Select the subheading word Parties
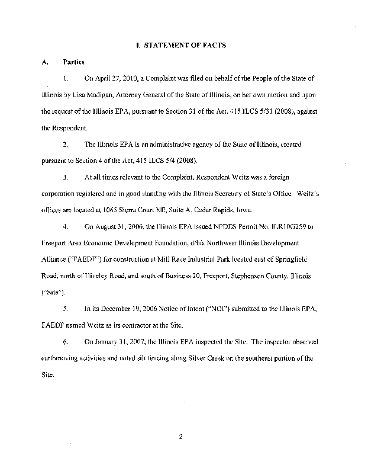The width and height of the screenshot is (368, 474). point(75,62)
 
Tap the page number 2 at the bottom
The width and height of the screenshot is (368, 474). point(183,438)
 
